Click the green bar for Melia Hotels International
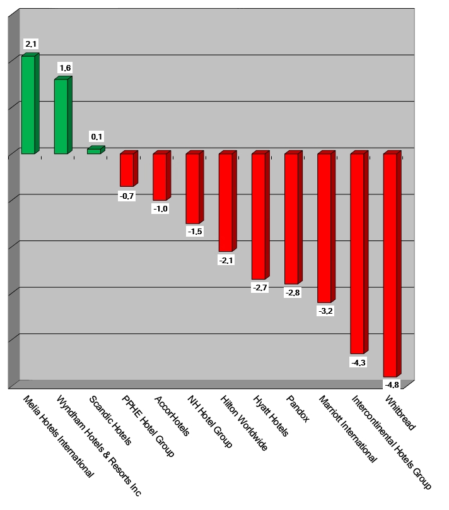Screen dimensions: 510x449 28,105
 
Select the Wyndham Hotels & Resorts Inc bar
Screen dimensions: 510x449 61,116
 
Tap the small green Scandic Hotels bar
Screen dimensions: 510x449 94,151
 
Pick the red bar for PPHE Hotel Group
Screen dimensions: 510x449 127,170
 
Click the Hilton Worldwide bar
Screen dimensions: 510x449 225,202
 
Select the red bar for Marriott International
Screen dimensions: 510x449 324,228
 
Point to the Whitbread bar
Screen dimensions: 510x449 390,265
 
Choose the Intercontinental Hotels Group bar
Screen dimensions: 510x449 357,253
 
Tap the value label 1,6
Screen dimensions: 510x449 64,68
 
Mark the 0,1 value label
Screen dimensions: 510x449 97,136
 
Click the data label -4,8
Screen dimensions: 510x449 392,384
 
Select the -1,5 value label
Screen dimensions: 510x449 195,232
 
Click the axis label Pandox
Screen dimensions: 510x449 298,410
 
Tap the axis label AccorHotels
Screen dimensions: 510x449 172,417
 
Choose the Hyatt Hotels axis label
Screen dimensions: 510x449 271,416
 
